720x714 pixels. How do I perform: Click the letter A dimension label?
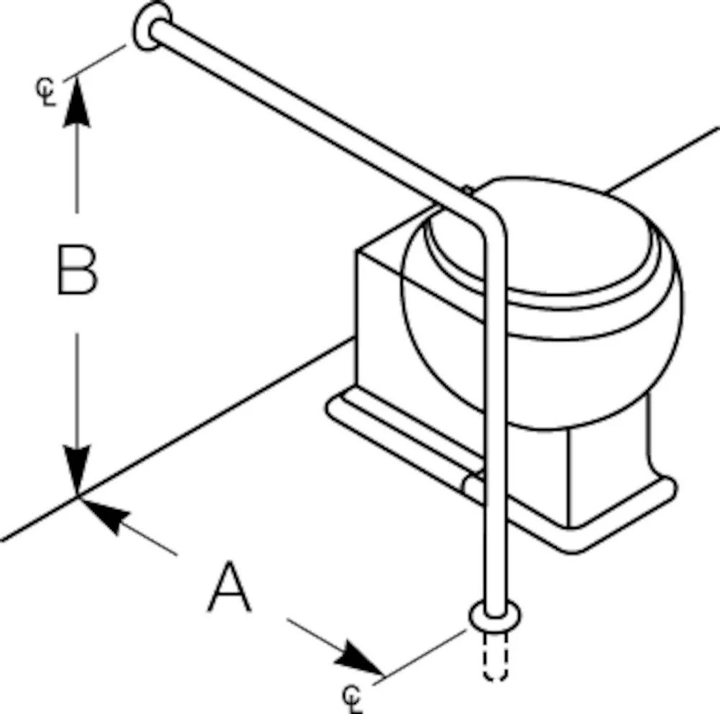(x=230, y=589)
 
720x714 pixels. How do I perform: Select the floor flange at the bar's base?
(x=495, y=618)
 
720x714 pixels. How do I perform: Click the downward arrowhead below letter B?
(x=76, y=468)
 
